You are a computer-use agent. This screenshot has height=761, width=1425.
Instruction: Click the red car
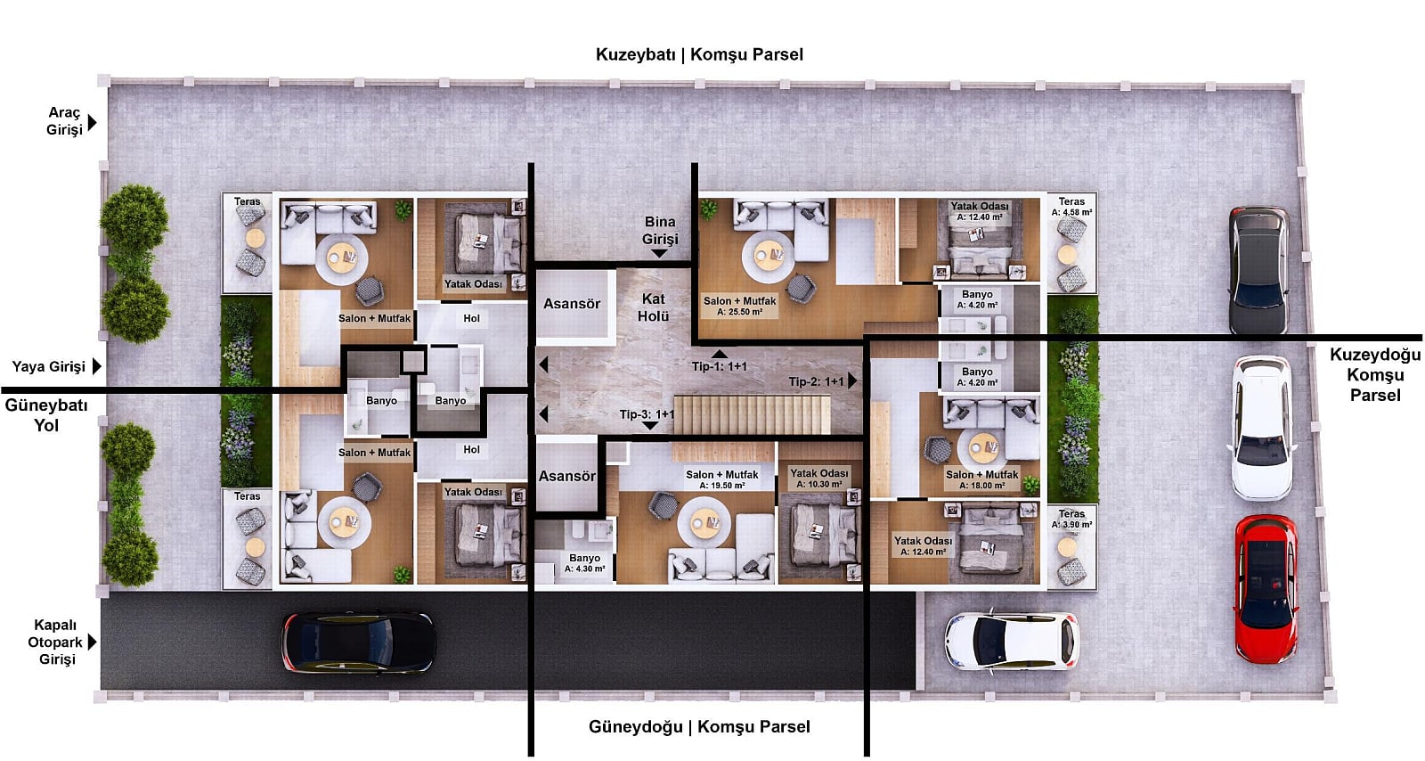(x=1266, y=589)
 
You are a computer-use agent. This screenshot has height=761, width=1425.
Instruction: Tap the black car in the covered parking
(x=359, y=642)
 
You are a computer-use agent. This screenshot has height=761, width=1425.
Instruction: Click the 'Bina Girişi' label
(x=660, y=230)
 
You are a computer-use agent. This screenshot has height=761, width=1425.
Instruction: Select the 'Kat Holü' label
(x=654, y=307)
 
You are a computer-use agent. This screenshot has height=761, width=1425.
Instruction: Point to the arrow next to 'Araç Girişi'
(x=93, y=122)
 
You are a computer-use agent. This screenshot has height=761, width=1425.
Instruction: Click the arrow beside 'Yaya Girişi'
(x=97, y=366)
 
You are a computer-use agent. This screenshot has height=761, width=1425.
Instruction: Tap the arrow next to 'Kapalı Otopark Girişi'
(x=93, y=642)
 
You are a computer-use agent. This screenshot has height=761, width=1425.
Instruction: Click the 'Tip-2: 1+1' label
(x=816, y=381)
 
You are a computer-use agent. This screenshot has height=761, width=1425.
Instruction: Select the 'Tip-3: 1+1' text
(x=647, y=414)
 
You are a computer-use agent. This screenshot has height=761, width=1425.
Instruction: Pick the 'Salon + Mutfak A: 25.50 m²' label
(x=740, y=306)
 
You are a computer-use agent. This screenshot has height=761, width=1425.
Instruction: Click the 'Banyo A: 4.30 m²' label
(x=584, y=563)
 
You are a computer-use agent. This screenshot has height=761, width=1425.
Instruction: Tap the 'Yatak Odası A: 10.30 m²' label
(x=819, y=479)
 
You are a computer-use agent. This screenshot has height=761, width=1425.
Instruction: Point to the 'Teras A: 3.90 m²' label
(x=1072, y=519)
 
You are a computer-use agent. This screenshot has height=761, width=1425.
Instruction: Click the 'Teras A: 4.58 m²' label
(x=1072, y=207)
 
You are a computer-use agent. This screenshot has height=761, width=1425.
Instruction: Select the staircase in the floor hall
(x=753, y=415)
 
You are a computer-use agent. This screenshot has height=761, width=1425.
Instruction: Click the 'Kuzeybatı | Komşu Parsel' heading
(x=699, y=54)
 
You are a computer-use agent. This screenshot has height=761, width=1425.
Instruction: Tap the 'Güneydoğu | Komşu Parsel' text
(x=699, y=726)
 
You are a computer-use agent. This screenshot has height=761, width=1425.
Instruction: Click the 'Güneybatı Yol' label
(x=46, y=415)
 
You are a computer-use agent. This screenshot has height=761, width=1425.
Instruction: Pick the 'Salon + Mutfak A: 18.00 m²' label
(x=981, y=479)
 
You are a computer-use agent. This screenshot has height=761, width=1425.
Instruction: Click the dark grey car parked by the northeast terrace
(x=1259, y=270)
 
